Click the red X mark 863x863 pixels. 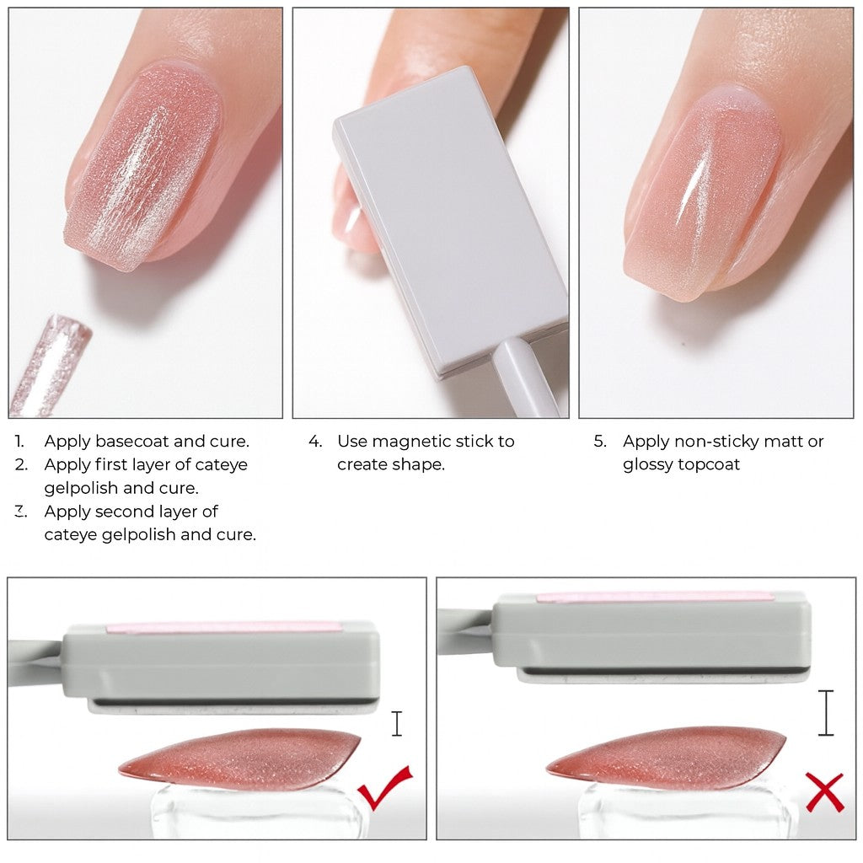[x=824, y=792]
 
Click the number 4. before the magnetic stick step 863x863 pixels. [x=315, y=442]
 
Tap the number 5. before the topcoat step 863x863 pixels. [x=600, y=442]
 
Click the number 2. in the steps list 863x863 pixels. [x=21, y=465]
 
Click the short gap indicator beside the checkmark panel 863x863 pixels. [x=397, y=724]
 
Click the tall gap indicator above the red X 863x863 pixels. [x=826, y=712]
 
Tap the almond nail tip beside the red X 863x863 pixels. [x=666, y=758]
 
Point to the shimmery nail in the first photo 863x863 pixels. [x=142, y=166]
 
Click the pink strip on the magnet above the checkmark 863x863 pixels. [x=223, y=628]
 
